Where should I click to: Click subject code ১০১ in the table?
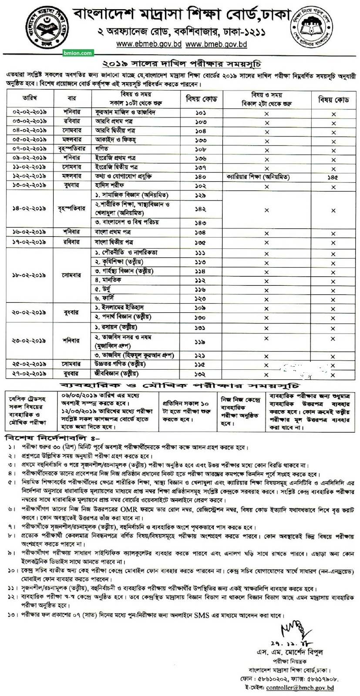coord(201,113)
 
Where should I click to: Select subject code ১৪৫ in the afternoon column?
coord(333,177)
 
